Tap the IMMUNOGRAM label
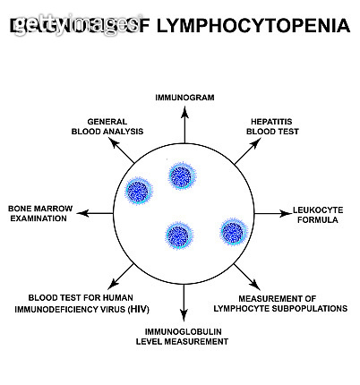[x=184, y=96]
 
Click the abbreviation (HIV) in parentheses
[x=138, y=309]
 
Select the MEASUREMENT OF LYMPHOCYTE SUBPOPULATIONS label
[x=292, y=303]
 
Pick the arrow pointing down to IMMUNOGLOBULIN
[x=184, y=303]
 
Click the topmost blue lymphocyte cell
[x=182, y=175]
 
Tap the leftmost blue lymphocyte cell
[x=139, y=191]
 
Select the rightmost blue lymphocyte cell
[x=233, y=230]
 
